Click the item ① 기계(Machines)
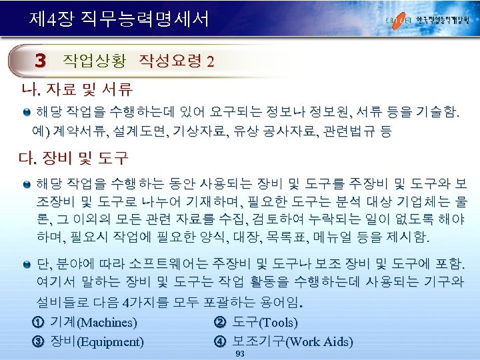click(x=85, y=323)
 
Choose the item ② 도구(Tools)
click(x=255, y=323)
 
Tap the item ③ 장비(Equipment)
click(x=87, y=342)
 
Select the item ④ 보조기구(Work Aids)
click(x=283, y=342)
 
